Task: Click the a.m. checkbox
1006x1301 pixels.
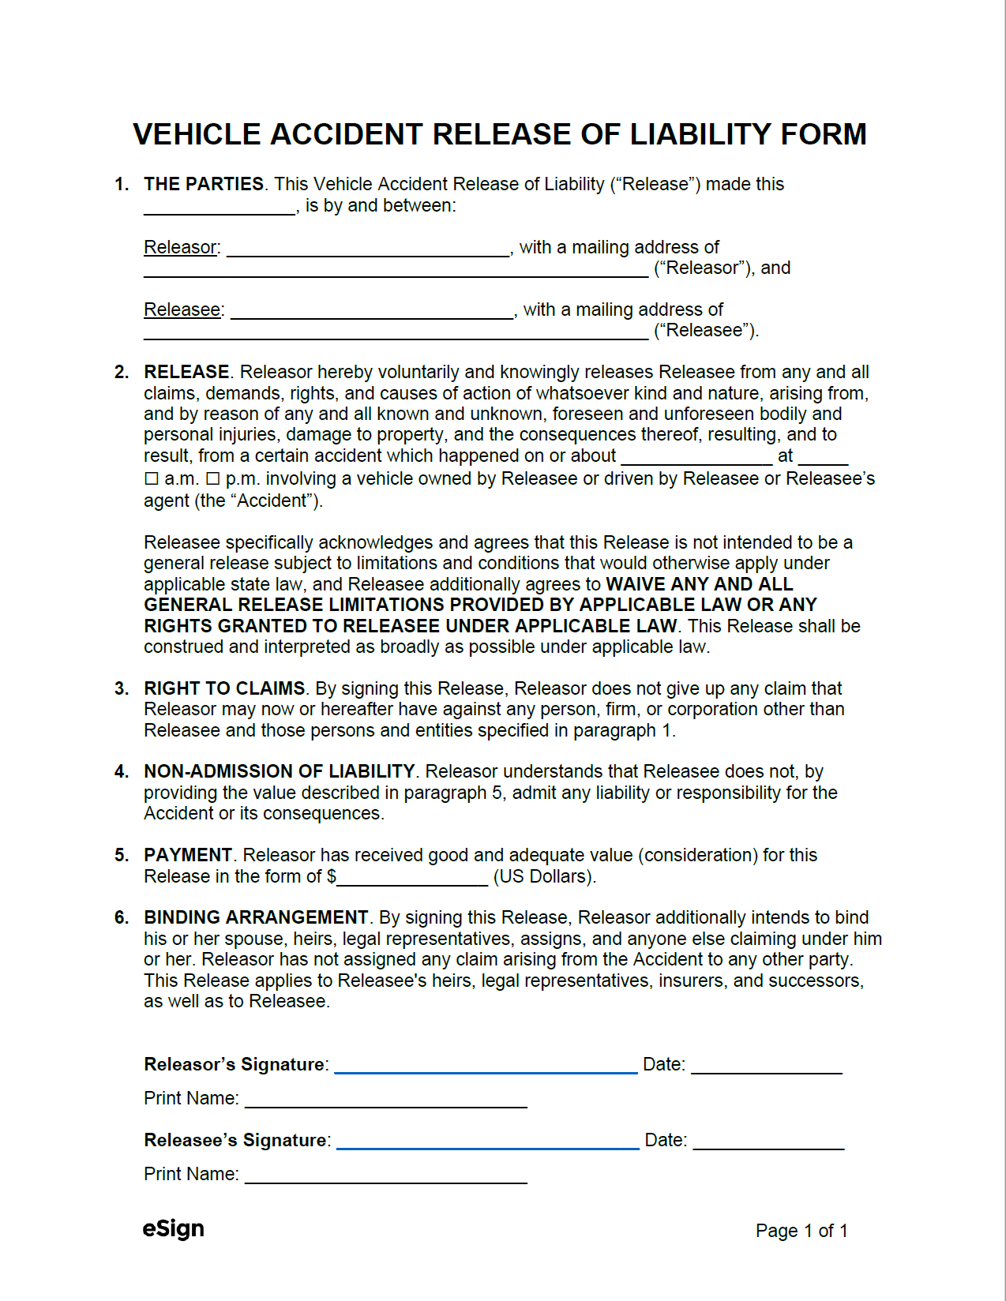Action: (x=152, y=479)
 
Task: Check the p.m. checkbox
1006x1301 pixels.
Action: (x=212, y=479)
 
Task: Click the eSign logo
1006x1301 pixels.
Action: (x=174, y=1229)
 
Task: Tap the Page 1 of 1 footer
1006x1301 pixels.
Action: (x=801, y=1231)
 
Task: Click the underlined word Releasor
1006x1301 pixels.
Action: (x=180, y=247)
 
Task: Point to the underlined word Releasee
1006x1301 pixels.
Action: (x=182, y=309)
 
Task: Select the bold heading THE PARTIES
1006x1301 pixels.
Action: (x=204, y=184)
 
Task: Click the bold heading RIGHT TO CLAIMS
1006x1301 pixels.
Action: (x=224, y=688)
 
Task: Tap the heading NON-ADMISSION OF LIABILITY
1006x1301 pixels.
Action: (x=279, y=771)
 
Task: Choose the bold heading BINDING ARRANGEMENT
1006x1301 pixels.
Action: (x=256, y=917)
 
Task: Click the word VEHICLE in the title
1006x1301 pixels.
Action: (x=197, y=134)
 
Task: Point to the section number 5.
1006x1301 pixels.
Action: (x=121, y=855)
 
